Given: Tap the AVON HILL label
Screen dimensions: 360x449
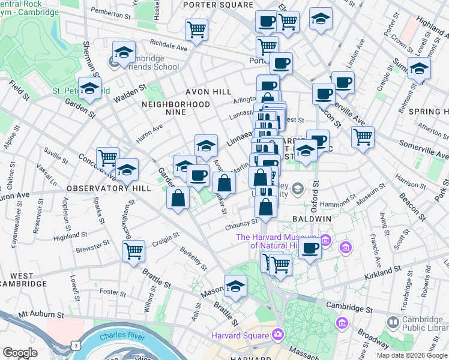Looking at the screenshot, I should point(208,92).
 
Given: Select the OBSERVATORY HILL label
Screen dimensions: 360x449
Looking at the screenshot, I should point(100,188).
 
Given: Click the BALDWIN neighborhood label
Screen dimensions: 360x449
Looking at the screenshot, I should point(313,219).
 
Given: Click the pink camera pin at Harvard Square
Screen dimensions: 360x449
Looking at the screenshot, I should point(278,334).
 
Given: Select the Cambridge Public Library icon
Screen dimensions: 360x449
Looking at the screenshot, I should point(392,322).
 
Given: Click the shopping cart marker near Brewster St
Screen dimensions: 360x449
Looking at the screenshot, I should point(133,250).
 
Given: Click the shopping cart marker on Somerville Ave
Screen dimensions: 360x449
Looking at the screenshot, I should point(363,136).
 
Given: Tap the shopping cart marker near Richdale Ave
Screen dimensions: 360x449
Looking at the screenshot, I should point(196,28).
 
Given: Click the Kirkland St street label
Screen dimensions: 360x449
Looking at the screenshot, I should point(382,275).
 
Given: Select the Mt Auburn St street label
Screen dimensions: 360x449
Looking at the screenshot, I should point(41,314).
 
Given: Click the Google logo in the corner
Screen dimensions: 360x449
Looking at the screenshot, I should point(20,353).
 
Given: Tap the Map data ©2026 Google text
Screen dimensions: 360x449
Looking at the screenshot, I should point(411,355).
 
